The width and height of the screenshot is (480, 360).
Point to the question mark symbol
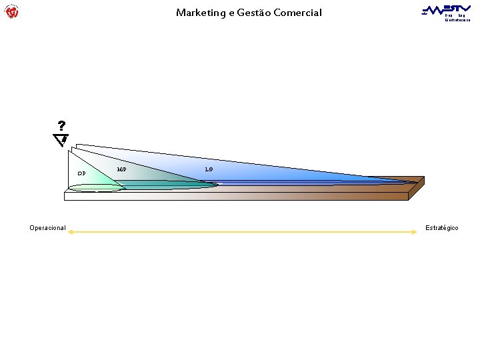click(x=61, y=126)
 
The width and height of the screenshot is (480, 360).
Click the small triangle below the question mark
click(x=61, y=139)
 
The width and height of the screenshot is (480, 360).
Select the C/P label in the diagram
click(x=81, y=173)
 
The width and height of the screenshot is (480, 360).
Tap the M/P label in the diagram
click(x=121, y=169)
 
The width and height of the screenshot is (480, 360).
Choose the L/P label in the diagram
click(x=209, y=169)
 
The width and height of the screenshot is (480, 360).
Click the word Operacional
click(x=47, y=228)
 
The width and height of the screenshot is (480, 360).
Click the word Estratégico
click(x=442, y=228)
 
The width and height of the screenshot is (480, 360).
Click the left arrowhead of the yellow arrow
click(x=71, y=232)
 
